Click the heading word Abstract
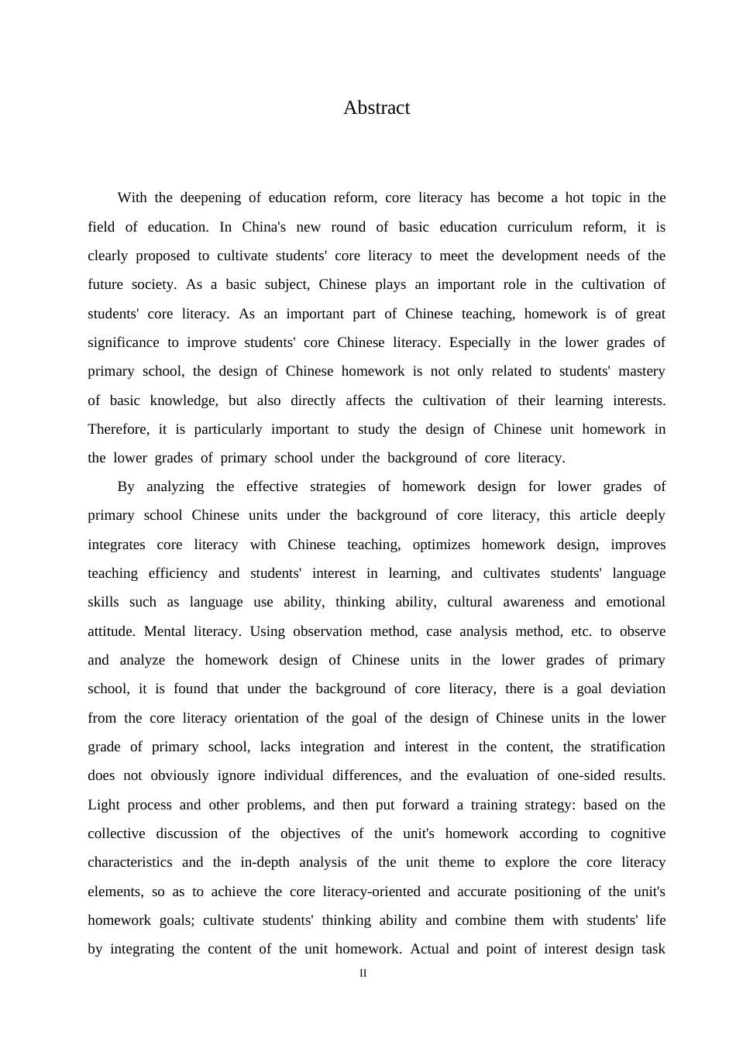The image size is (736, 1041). pos(377,108)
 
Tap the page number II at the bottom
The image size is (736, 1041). pos(363,974)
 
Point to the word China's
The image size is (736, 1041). pos(264,227)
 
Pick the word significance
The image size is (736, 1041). pos(124,342)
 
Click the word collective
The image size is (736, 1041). pos(116,833)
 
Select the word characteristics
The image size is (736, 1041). pos(130,862)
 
